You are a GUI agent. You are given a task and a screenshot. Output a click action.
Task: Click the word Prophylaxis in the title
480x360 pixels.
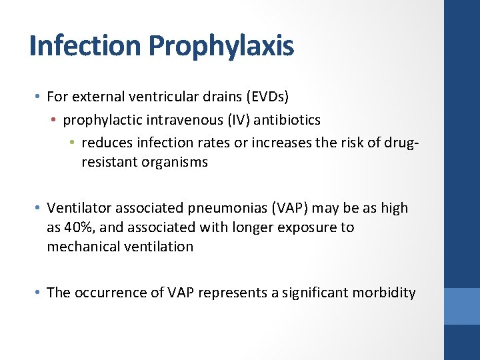[x=221, y=46]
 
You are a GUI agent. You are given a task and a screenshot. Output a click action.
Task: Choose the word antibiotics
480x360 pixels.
[x=291, y=120]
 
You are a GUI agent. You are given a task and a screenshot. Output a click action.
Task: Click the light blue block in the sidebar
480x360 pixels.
[x=462, y=306]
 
